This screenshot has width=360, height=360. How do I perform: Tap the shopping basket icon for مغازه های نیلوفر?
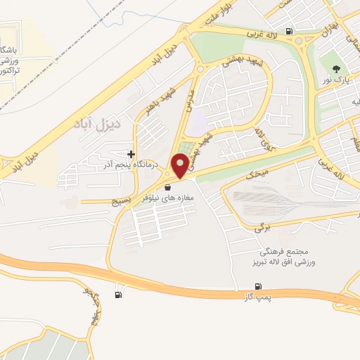point(168,188)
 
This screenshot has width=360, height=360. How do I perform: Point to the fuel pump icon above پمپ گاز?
point(259,286)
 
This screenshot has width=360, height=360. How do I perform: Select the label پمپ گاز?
point(259,299)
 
